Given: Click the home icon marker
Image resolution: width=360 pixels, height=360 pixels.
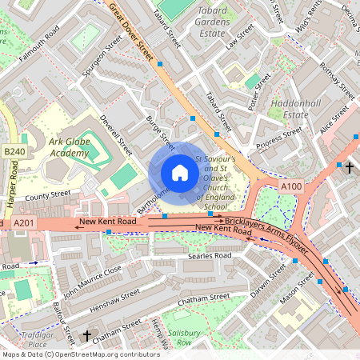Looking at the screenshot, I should pos(180,173).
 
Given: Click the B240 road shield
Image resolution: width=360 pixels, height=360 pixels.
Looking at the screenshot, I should pos(14,151).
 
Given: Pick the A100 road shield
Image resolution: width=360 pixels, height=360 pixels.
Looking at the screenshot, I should pos(292,186).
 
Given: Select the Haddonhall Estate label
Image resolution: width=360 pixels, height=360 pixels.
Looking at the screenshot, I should pos(297,109).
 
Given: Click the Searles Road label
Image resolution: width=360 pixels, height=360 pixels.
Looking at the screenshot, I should pos(209,256).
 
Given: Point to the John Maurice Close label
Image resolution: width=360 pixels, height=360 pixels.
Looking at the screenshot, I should pos(92,280).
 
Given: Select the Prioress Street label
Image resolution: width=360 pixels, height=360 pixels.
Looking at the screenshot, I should pos(279,138).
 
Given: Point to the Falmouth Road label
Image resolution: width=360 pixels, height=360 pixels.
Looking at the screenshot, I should pos(39,42).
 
